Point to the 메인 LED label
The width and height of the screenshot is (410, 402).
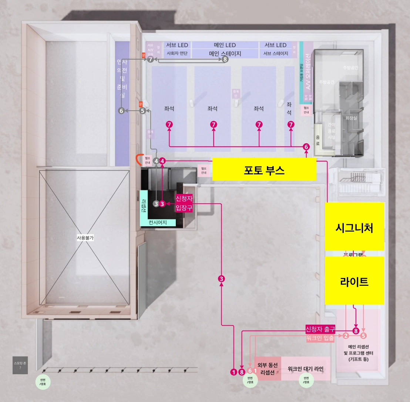tap(225, 45)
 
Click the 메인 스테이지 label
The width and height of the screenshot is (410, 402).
tap(225, 53)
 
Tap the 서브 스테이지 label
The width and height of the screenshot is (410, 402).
tap(275, 53)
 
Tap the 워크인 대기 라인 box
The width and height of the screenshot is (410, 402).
tap(305, 369)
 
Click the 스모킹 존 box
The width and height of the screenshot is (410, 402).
tap(20, 365)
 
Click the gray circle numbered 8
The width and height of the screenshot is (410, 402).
tap(225, 59)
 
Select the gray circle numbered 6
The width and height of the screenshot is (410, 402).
tap(121, 110)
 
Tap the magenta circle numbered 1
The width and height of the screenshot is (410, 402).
tap(233, 372)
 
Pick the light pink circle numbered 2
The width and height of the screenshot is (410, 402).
tap(346, 336)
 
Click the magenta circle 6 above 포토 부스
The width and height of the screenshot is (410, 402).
tap(306, 147)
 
